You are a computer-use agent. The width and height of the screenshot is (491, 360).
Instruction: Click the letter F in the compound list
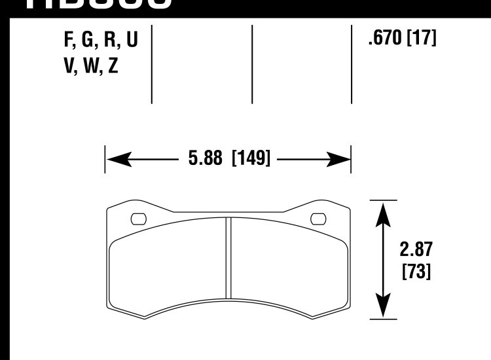(69, 41)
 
